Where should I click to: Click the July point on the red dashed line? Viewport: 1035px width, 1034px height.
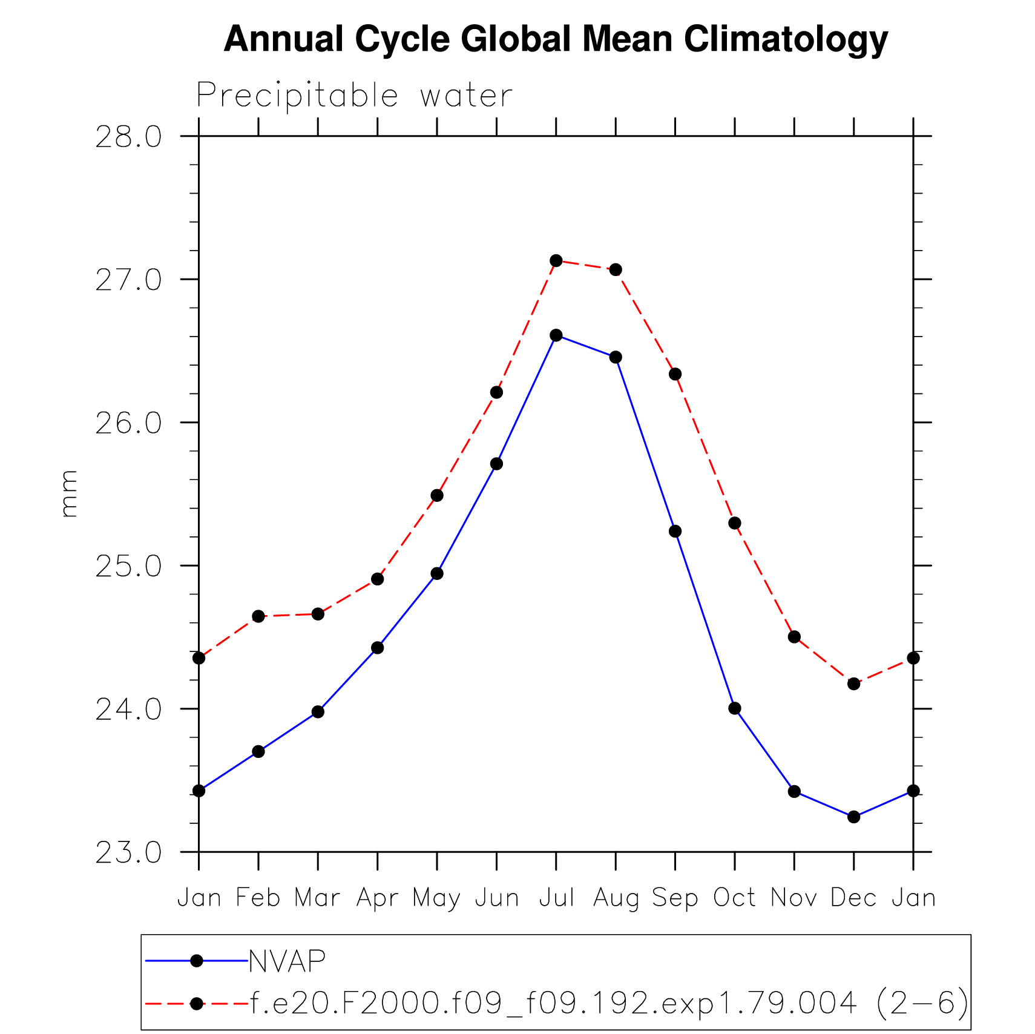coord(556,261)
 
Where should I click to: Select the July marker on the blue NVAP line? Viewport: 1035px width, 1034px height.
coord(556,335)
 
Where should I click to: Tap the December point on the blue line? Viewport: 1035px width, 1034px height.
coord(853,817)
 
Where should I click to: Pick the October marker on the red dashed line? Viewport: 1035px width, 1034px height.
coord(734,523)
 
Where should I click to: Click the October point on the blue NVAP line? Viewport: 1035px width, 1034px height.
coord(734,708)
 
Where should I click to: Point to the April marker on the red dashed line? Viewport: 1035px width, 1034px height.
coord(377,579)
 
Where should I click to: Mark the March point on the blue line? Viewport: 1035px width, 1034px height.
coord(318,711)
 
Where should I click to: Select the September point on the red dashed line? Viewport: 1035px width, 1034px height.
coord(675,374)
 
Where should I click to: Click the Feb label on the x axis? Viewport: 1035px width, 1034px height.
coord(258,898)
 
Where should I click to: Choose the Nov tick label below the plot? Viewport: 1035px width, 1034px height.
coord(793,898)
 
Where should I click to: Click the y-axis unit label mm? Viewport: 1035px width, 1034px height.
coord(70,493)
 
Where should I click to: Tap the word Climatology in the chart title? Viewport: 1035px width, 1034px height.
coord(786,40)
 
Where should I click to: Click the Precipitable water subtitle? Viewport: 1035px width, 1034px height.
coord(355,96)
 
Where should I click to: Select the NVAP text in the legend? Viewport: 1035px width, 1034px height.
coord(287,961)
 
